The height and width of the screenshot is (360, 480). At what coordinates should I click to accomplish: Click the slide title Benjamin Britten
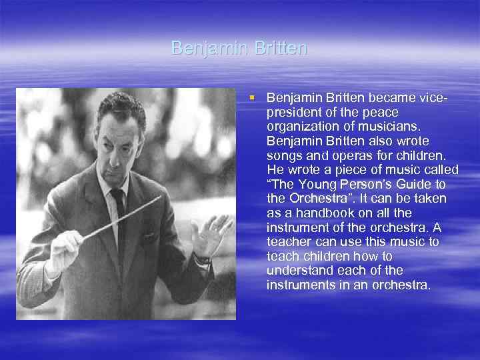click(x=239, y=48)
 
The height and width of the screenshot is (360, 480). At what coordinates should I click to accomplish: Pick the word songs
click(x=283, y=155)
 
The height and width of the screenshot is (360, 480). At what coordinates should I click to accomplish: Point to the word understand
click(x=296, y=271)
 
